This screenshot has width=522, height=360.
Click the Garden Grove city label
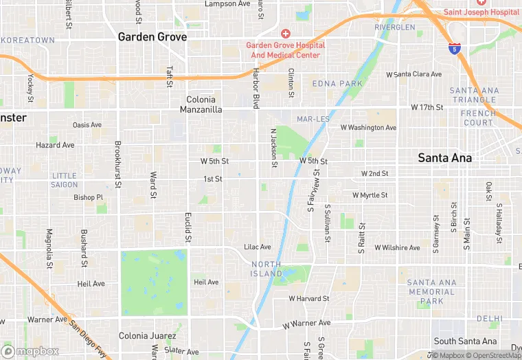(x=152, y=37)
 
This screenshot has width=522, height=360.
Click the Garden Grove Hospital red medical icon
(x=285, y=34)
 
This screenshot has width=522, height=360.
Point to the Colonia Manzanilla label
(x=201, y=104)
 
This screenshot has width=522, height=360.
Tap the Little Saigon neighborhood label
(x=64, y=180)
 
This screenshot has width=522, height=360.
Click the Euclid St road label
(x=188, y=227)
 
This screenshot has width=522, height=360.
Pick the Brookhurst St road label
(x=118, y=165)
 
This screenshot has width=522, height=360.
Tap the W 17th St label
(x=427, y=108)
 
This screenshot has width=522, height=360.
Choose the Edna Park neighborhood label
(x=337, y=84)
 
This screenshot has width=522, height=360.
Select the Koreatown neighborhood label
(x=27, y=41)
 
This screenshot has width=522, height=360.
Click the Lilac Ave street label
(x=258, y=247)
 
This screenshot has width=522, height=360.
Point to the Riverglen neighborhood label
(x=395, y=27)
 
